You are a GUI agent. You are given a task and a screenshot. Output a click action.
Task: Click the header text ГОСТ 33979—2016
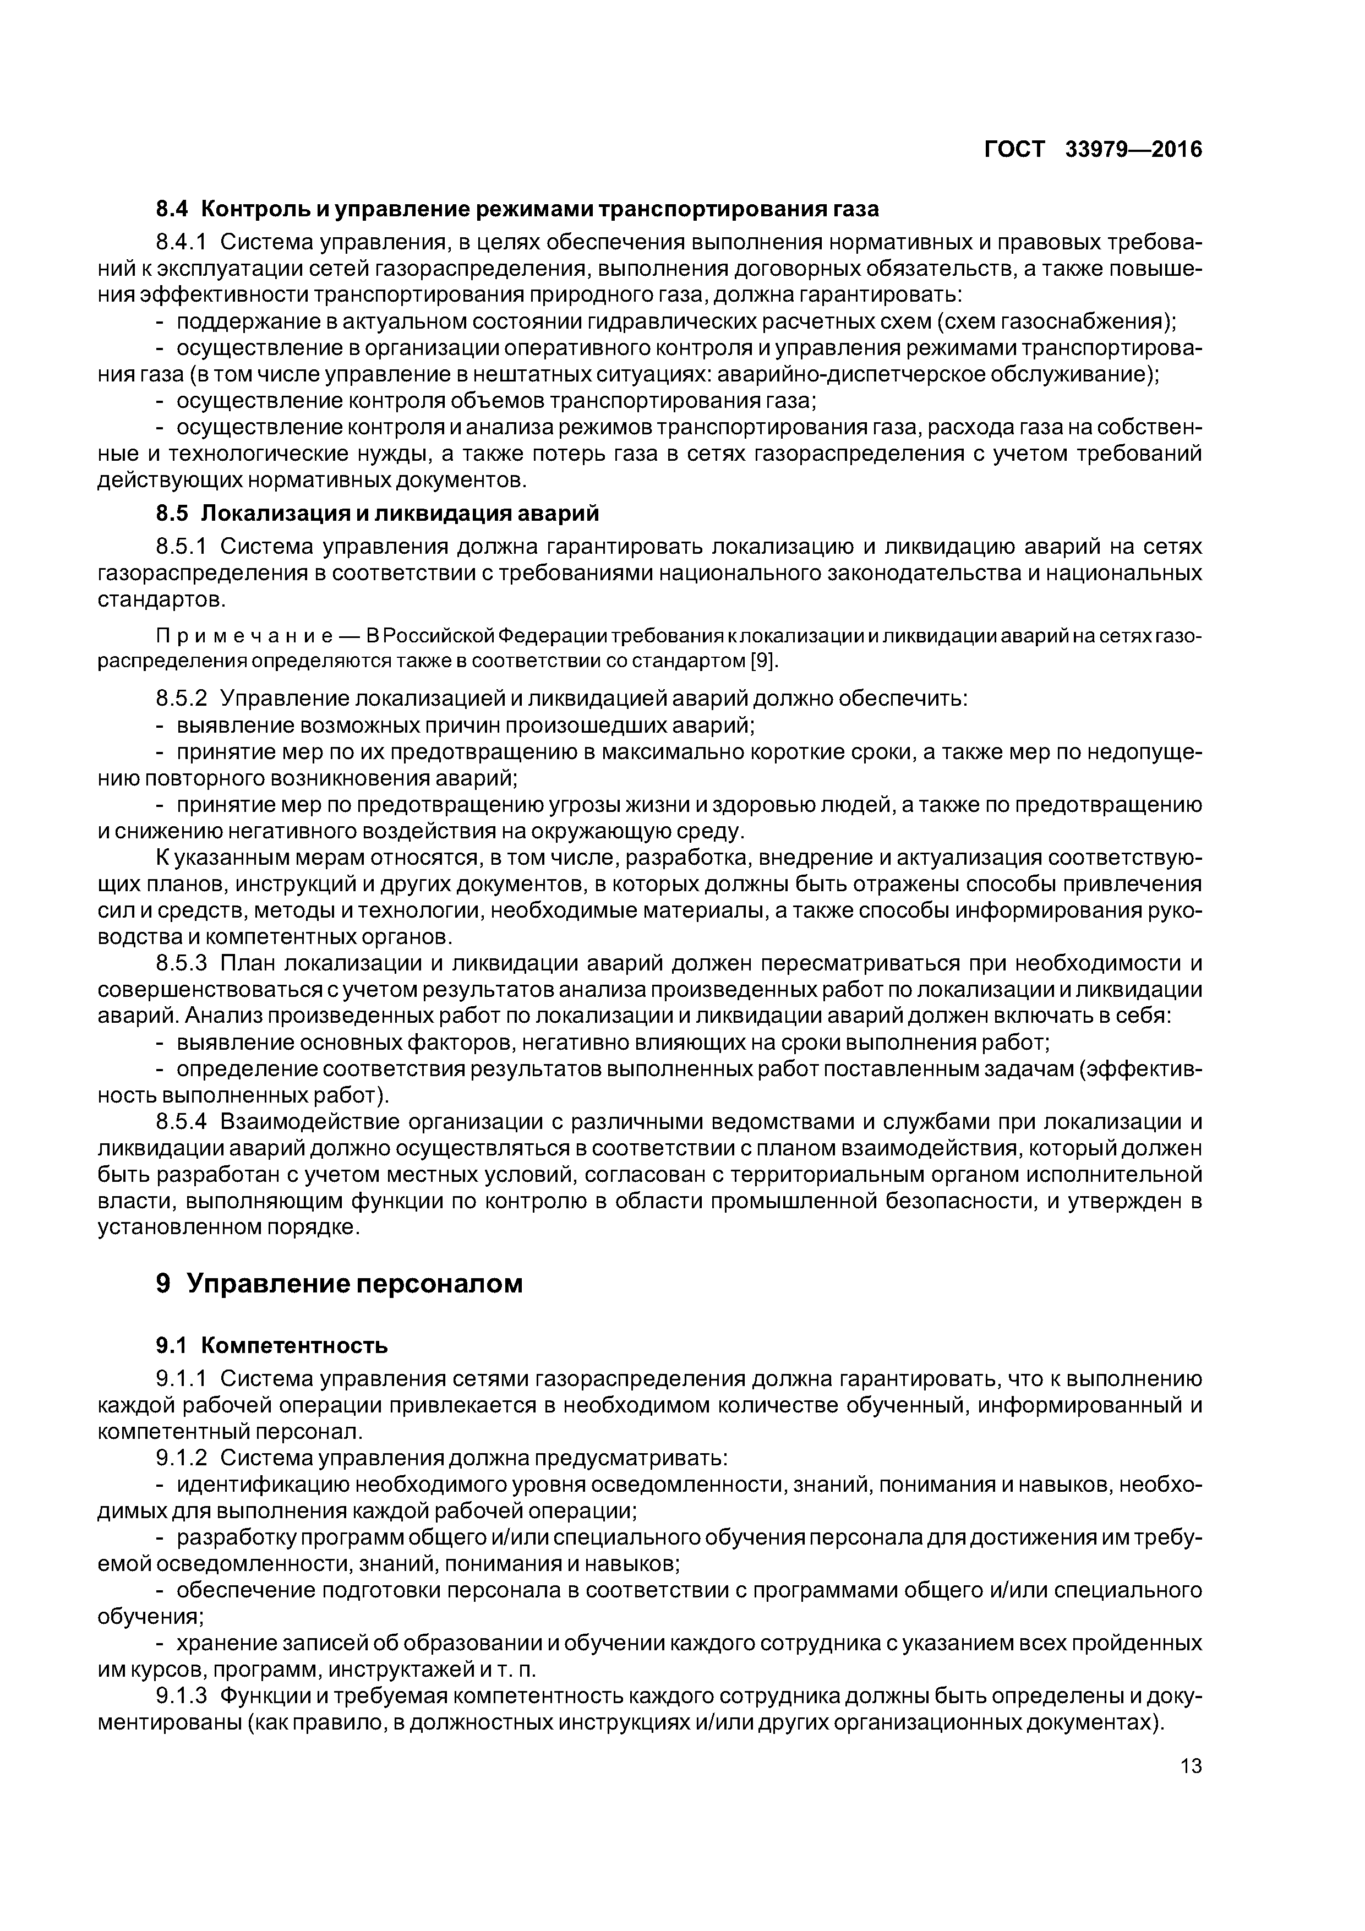pyautogui.click(x=1093, y=150)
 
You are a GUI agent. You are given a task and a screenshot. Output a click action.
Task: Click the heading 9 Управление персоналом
pyautogui.click(x=339, y=1284)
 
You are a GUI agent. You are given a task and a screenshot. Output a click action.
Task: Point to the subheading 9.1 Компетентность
pyautogui.click(x=272, y=1346)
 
